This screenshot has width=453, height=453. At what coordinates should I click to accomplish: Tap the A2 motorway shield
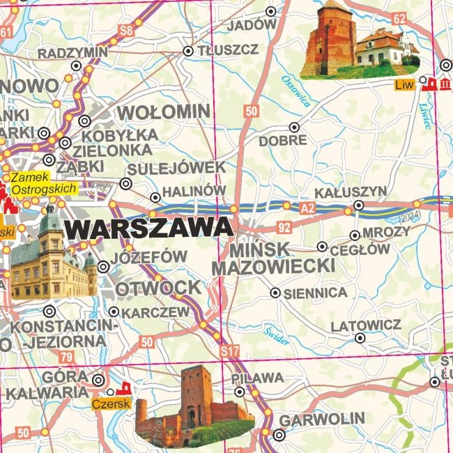[307, 208]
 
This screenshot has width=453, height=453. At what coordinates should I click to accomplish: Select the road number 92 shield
[284, 226]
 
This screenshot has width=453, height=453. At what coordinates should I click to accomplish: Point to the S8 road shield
[125, 30]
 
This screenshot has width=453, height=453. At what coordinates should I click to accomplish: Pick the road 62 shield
[398, 18]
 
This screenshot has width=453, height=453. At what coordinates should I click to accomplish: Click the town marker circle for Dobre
[295, 128]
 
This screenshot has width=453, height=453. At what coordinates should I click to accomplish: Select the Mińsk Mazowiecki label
[273, 257]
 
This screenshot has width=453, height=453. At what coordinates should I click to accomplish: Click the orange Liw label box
[400, 84]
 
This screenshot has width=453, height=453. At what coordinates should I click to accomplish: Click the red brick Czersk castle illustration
[195, 408]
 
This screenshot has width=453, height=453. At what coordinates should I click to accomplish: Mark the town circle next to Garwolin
[279, 436]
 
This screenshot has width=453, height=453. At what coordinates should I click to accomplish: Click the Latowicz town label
[365, 325]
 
